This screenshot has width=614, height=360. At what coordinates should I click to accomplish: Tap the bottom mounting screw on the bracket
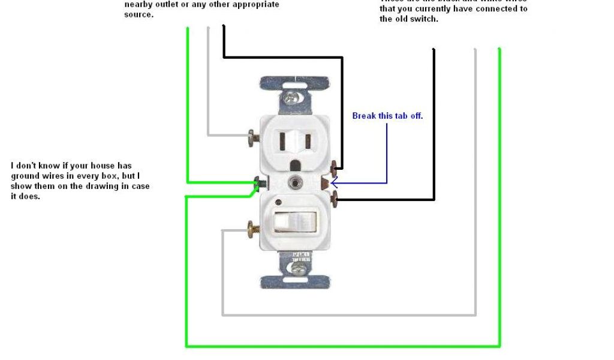tap(296, 270)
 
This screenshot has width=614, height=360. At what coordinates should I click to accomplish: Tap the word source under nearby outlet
tap(139, 14)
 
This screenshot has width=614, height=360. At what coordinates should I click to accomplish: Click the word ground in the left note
tap(25, 176)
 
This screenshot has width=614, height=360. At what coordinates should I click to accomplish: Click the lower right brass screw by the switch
tap(333, 196)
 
